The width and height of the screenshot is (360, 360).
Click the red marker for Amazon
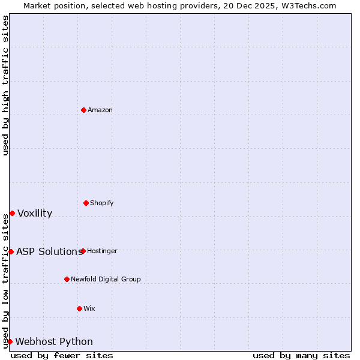coord(83,110)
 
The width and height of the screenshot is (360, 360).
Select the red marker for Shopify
coord(86,203)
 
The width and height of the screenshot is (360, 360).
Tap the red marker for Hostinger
coord(83,251)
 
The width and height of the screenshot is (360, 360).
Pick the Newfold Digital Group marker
coord(67,279)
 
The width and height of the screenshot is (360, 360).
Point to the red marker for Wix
coord(79,308)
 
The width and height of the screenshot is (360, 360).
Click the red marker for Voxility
coord(12,213)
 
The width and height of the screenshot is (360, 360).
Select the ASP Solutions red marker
coord(11,251)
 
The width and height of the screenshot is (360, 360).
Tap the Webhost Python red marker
coord(10,341)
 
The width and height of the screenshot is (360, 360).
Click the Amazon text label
coord(100,110)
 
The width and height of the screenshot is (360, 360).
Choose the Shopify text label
coord(102,203)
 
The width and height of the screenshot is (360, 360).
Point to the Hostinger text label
coord(102,251)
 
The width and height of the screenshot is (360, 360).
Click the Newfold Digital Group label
coord(106,279)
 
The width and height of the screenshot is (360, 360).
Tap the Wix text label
coord(89,308)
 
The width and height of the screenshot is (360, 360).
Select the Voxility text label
coord(35,213)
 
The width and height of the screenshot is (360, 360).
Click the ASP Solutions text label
coord(49,251)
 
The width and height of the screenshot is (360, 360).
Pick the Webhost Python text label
coord(54,341)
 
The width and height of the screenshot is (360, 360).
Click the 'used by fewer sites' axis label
coord(62,355)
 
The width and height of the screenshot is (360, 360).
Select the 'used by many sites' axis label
coord(301,355)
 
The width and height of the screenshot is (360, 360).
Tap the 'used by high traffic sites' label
coord(5,85)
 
